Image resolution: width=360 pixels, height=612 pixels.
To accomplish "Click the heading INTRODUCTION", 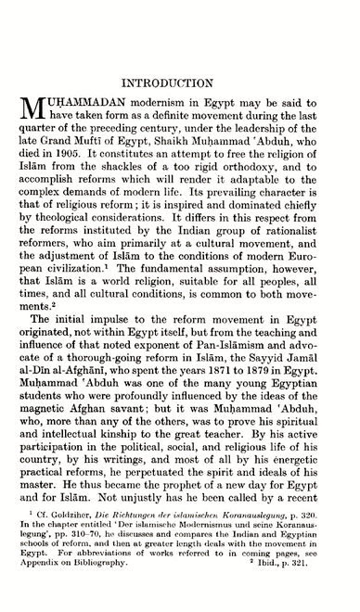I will click(x=181, y=82).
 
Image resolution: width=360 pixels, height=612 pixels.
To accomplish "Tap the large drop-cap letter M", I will click(x=35, y=119).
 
